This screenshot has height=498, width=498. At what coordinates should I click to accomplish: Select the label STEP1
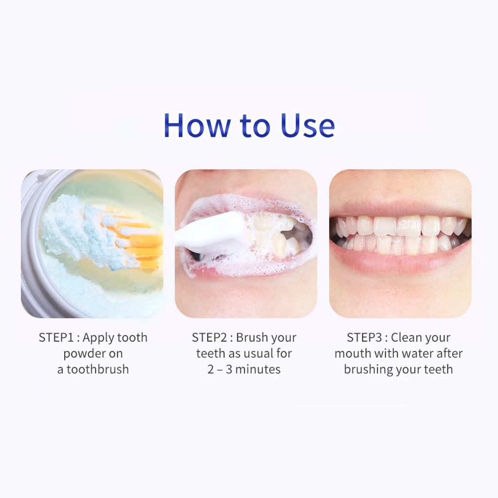(56, 338)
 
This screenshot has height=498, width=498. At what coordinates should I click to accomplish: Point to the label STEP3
(364, 338)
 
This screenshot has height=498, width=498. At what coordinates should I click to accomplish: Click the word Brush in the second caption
(251, 338)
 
